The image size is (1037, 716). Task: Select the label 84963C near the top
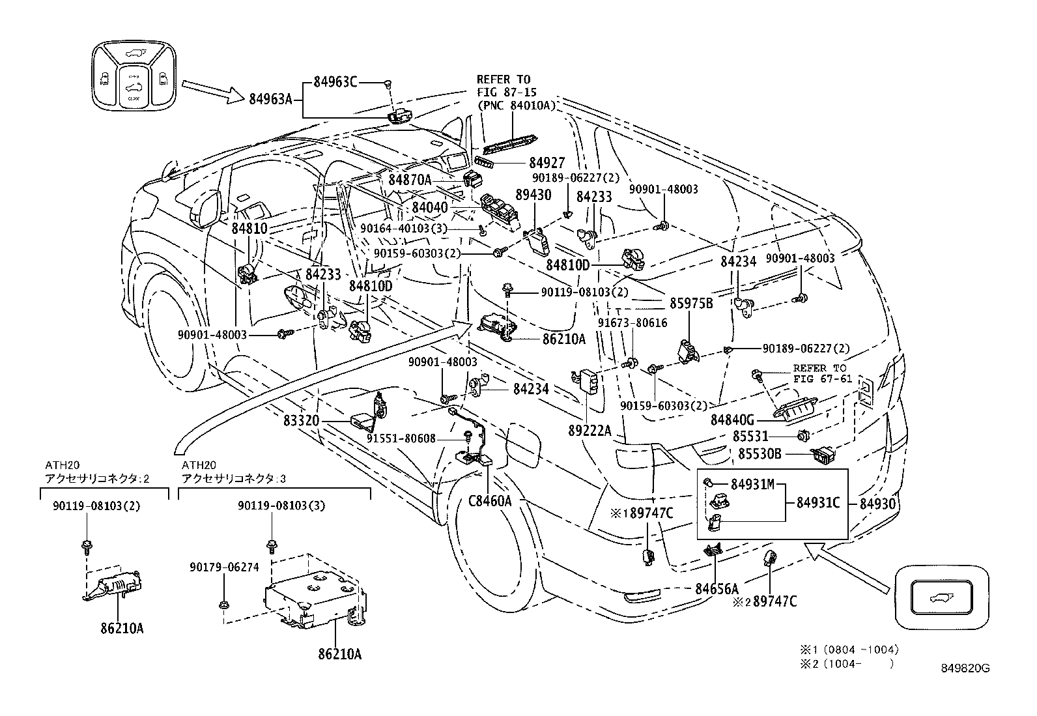pos(335,82)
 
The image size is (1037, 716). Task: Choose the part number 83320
pos(301,421)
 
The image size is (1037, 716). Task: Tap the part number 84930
pos(879,503)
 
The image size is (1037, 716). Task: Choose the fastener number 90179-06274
pos(224,567)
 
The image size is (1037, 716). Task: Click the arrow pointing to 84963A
pos(212,91)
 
